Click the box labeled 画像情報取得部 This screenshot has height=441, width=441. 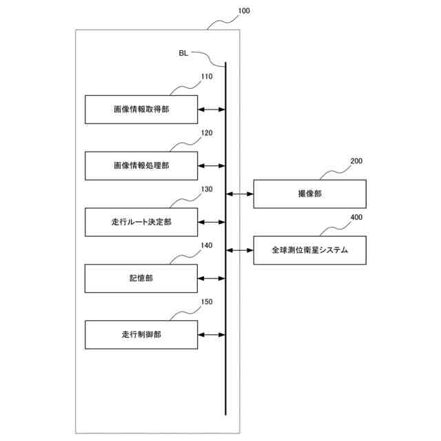click(x=141, y=110)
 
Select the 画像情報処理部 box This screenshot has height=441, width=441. click(x=141, y=166)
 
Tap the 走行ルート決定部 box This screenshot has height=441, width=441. click(x=141, y=223)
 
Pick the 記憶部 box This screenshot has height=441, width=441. click(x=141, y=278)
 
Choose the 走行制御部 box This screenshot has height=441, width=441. click(x=141, y=335)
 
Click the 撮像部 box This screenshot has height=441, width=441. click(x=309, y=194)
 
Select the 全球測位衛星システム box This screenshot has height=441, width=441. click(x=309, y=250)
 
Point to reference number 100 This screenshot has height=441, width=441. click(x=244, y=11)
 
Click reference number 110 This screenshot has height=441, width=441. click(x=207, y=77)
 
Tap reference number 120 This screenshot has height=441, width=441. click(x=207, y=133)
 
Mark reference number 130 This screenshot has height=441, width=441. click(x=207, y=189)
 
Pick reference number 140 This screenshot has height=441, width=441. click(x=207, y=245)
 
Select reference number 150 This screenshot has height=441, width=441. click(x=207, y=302)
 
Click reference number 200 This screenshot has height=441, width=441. click(x=356, y=161)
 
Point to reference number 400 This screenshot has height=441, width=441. click(x=356, y=217)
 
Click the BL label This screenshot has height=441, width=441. click(x=183, y=52)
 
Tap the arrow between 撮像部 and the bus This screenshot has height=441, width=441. click(x=240, y=194)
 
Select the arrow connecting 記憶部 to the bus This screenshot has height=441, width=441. click(x=212, y=278)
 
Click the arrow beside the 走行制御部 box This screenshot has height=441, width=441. click(x=212, y=335)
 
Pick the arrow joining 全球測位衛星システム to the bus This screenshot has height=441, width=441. click(x=240, y=250)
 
